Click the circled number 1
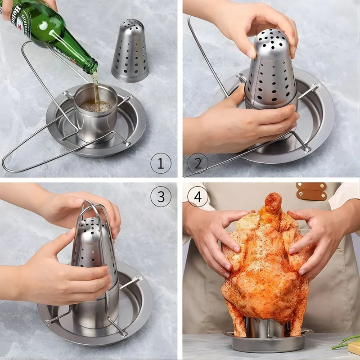coord(161,163)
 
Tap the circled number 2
coord(198,163)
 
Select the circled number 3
coord(161,196)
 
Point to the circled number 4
coord(198,196)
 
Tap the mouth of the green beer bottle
coord(94,67)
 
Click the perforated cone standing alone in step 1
coord(130,52)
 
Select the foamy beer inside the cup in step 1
coord(94,106)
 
